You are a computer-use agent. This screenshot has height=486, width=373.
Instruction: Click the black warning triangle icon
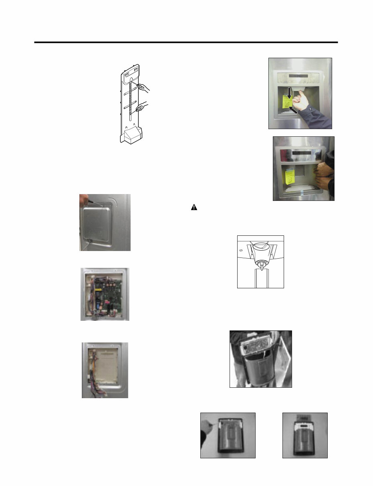pyautogui.click(x=194, y=208)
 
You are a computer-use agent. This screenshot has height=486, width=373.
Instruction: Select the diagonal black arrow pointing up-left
pyautogui.click(x=293, y=110)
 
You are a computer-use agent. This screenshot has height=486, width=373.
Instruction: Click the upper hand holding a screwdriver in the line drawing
pyautogui.click(x=143, y=86)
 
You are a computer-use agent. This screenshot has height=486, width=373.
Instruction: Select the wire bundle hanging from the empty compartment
pyautogui.click(x=93, y=381)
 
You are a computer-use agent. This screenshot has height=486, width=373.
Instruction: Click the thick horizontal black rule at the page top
pyautogui.click(x=186, y=42)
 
